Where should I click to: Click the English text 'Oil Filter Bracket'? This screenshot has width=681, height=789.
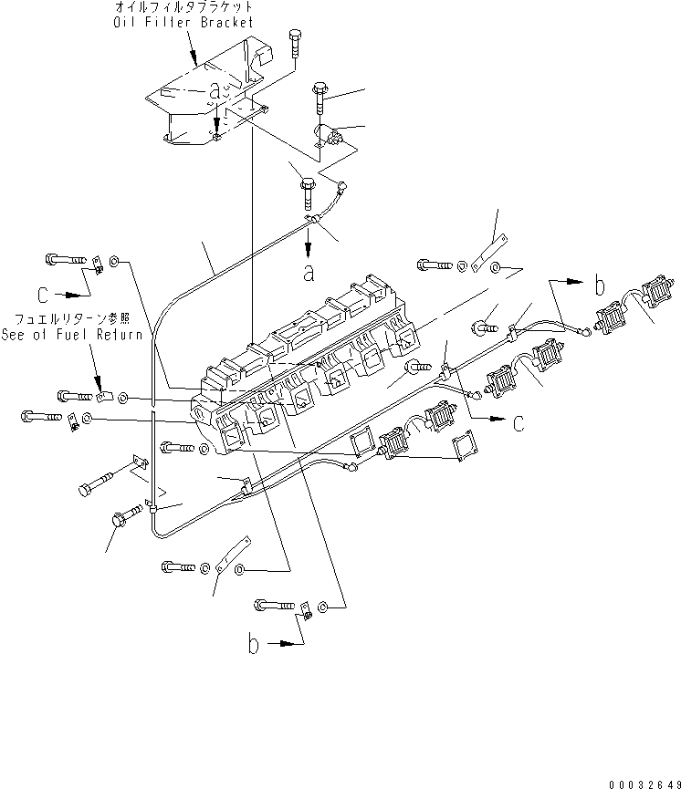coord(188,24)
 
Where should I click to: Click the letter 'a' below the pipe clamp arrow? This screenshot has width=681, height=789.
coord(309,271)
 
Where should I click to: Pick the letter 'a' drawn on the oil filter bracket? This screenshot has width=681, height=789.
coord(215,90)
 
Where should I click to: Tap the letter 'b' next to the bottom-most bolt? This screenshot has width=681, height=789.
coord(254,644)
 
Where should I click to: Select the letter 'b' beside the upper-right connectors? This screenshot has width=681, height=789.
coord(599,286)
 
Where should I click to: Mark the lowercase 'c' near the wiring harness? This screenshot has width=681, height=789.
coord(519,422)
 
